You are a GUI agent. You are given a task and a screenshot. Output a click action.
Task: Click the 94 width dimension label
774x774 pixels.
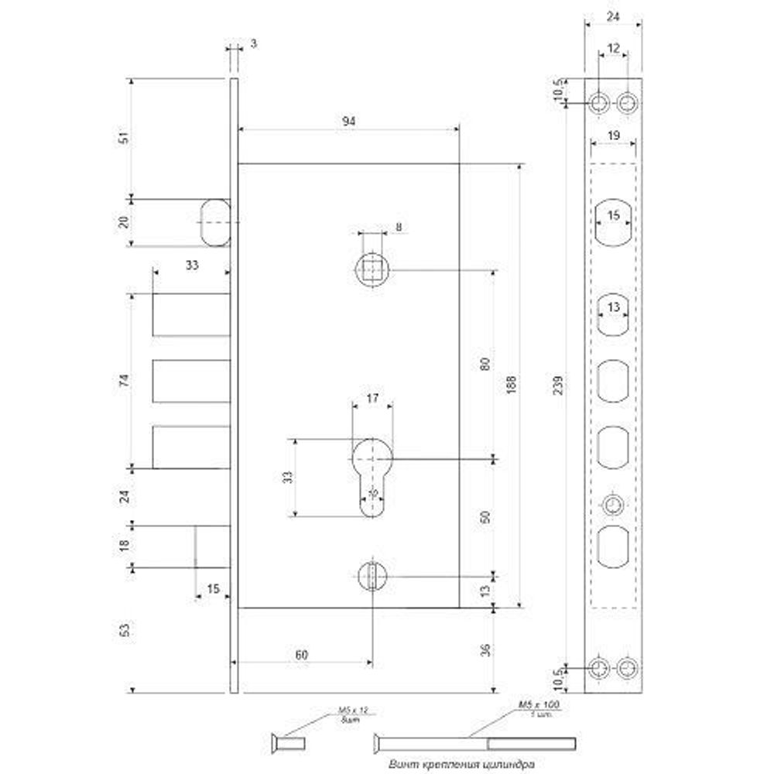(x=348, y=122)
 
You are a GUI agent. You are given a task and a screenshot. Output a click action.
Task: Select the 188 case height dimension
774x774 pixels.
(x=510, y=385)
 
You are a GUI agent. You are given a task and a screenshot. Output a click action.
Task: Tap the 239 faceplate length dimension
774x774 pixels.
(x=570, y=384)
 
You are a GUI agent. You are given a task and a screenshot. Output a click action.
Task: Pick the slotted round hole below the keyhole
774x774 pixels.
(x=372, y=577)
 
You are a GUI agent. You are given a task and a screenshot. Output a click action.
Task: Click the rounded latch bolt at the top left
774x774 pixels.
(x=215, y=223)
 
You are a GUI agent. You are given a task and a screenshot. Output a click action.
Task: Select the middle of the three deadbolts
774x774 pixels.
(x=191, y=381)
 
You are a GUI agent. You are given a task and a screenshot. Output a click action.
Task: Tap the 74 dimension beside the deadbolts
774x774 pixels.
(x=122, y=380)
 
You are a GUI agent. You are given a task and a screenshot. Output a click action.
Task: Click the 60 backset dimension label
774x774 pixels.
(x=301, y=655)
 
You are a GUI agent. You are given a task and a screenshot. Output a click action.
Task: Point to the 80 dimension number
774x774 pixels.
(x=485, y=364)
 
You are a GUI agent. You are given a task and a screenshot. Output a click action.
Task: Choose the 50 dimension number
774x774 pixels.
(x=485, y=518)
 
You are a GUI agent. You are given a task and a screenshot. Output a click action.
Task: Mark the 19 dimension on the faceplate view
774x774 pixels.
(x=613, y=135)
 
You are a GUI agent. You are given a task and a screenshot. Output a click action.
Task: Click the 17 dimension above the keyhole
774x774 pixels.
(x=372, y=399)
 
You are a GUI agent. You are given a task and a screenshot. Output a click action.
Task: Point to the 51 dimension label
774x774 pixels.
(x=122, y=136)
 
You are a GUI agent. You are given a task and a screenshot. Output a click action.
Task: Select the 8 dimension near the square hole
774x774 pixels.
(x=398, y=227)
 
